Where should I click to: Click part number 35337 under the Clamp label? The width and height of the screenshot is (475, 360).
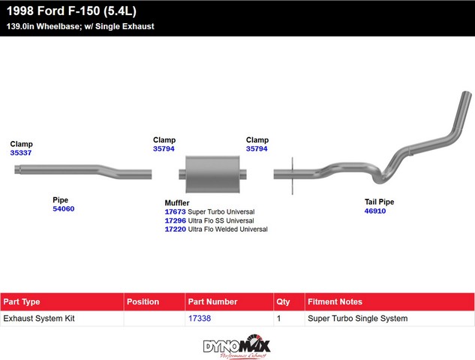tap(20, 152)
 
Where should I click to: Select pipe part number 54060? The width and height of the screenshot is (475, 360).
tap(63, 208)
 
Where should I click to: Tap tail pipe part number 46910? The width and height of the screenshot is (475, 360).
tap(375, 211)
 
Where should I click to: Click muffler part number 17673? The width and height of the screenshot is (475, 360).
tap(175, 211)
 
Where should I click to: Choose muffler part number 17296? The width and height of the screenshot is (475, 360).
tap(175, 220)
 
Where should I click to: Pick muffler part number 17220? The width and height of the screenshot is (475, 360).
tap(175, 229)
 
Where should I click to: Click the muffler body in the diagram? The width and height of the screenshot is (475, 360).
tap(212, 174)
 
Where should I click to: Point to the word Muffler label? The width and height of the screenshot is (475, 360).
tap(177, 202)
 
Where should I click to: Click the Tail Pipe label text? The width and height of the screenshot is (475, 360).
tap(379, 202)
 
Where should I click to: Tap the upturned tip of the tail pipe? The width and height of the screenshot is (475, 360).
tap(467, 94)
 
